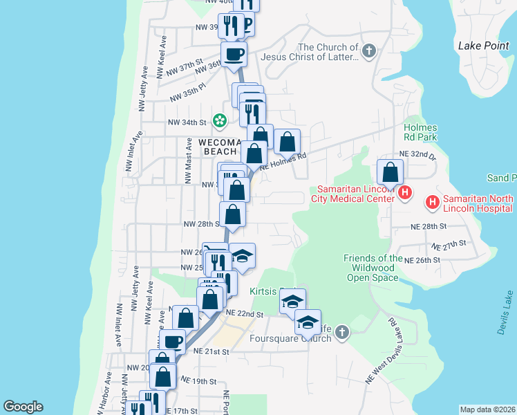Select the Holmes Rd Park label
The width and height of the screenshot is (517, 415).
(421, 132)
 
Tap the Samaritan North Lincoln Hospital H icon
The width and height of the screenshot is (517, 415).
(433, 202)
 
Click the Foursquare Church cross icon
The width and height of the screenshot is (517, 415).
(341, 334)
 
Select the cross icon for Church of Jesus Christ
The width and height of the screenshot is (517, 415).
(370, 50)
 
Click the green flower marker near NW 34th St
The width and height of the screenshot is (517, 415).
(220, 122)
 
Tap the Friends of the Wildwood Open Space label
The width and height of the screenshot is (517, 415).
(373, 268)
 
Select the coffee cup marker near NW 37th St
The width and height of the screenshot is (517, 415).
(234, 53)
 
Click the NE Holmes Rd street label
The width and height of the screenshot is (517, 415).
(282, 160)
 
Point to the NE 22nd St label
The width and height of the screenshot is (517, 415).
(247, 314)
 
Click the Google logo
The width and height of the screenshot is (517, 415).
(23, 407)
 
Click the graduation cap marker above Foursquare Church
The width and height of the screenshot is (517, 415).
(308, 322)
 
